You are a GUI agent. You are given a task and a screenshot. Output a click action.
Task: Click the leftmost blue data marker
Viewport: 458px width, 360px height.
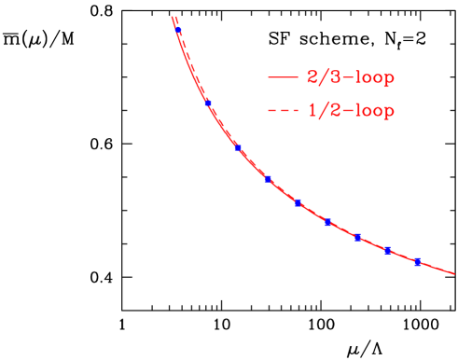(x=177, y=31)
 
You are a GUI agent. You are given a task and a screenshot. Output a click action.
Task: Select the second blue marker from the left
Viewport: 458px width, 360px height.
(x=208, y=103)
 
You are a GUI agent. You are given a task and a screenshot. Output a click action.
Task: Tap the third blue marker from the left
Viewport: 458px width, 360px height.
(x=238, y=147)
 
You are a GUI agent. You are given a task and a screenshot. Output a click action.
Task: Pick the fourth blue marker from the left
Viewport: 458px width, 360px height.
(x=268, y=178)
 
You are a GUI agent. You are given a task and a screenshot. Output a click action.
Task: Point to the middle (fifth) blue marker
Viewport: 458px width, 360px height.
(x=298, y=202)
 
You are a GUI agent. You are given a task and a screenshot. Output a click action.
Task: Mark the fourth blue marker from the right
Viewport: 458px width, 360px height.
(x=327, y=222)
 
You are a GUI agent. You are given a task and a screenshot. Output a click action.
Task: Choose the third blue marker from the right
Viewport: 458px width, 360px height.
(x=357, y=237)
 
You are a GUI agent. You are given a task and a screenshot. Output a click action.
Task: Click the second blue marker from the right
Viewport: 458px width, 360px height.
(x=387, y=250)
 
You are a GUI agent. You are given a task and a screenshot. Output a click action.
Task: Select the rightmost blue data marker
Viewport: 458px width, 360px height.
(x=417, y=260)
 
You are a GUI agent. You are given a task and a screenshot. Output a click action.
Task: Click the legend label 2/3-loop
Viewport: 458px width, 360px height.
(x=350, y=78)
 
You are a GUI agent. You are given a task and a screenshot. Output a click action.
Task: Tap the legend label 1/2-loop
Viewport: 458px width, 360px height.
(x=350, y=113)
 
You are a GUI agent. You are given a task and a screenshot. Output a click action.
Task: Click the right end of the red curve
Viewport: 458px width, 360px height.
(x=454, y=274)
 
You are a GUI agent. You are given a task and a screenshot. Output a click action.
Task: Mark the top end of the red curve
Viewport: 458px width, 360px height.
(x=173, y=17)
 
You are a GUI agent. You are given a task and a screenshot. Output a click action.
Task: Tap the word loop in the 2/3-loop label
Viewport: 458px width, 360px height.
(x=371, y=78)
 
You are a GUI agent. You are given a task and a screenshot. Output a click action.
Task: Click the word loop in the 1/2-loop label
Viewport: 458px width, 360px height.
(x=371, y=113)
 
